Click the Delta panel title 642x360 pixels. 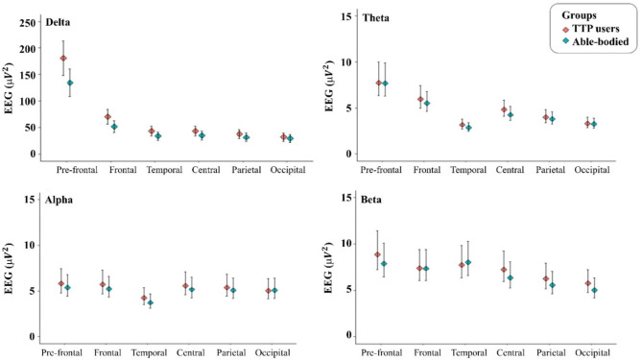[x=58, y=22]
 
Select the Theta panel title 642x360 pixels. [x=375, y=18]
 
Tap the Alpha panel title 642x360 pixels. [x=59, y=200]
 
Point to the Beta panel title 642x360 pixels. [x=371, y=200]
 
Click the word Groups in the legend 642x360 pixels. [x=579, y=15]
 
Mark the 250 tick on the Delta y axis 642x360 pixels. [x=28, y=22]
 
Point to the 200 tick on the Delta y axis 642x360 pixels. [x=28, y=48]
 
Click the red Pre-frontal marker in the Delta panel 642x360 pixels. [x=63, y=59]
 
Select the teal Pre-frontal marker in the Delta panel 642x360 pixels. [x=70, y=83]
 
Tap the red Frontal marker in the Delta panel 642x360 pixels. [x=107, y=117]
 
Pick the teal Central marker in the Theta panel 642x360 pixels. [x=511, y=115]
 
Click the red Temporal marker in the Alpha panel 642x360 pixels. [x=144, y=298]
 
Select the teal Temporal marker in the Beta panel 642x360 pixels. [x=468, y=262]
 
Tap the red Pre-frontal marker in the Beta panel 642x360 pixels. [x=377, y=254]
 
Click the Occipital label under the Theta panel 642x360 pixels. [x=592, y=170]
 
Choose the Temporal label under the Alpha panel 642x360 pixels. [x=149, y=352]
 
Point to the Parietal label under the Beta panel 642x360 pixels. [x=551, y=352]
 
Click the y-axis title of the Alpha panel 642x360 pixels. [x=9, y=269]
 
